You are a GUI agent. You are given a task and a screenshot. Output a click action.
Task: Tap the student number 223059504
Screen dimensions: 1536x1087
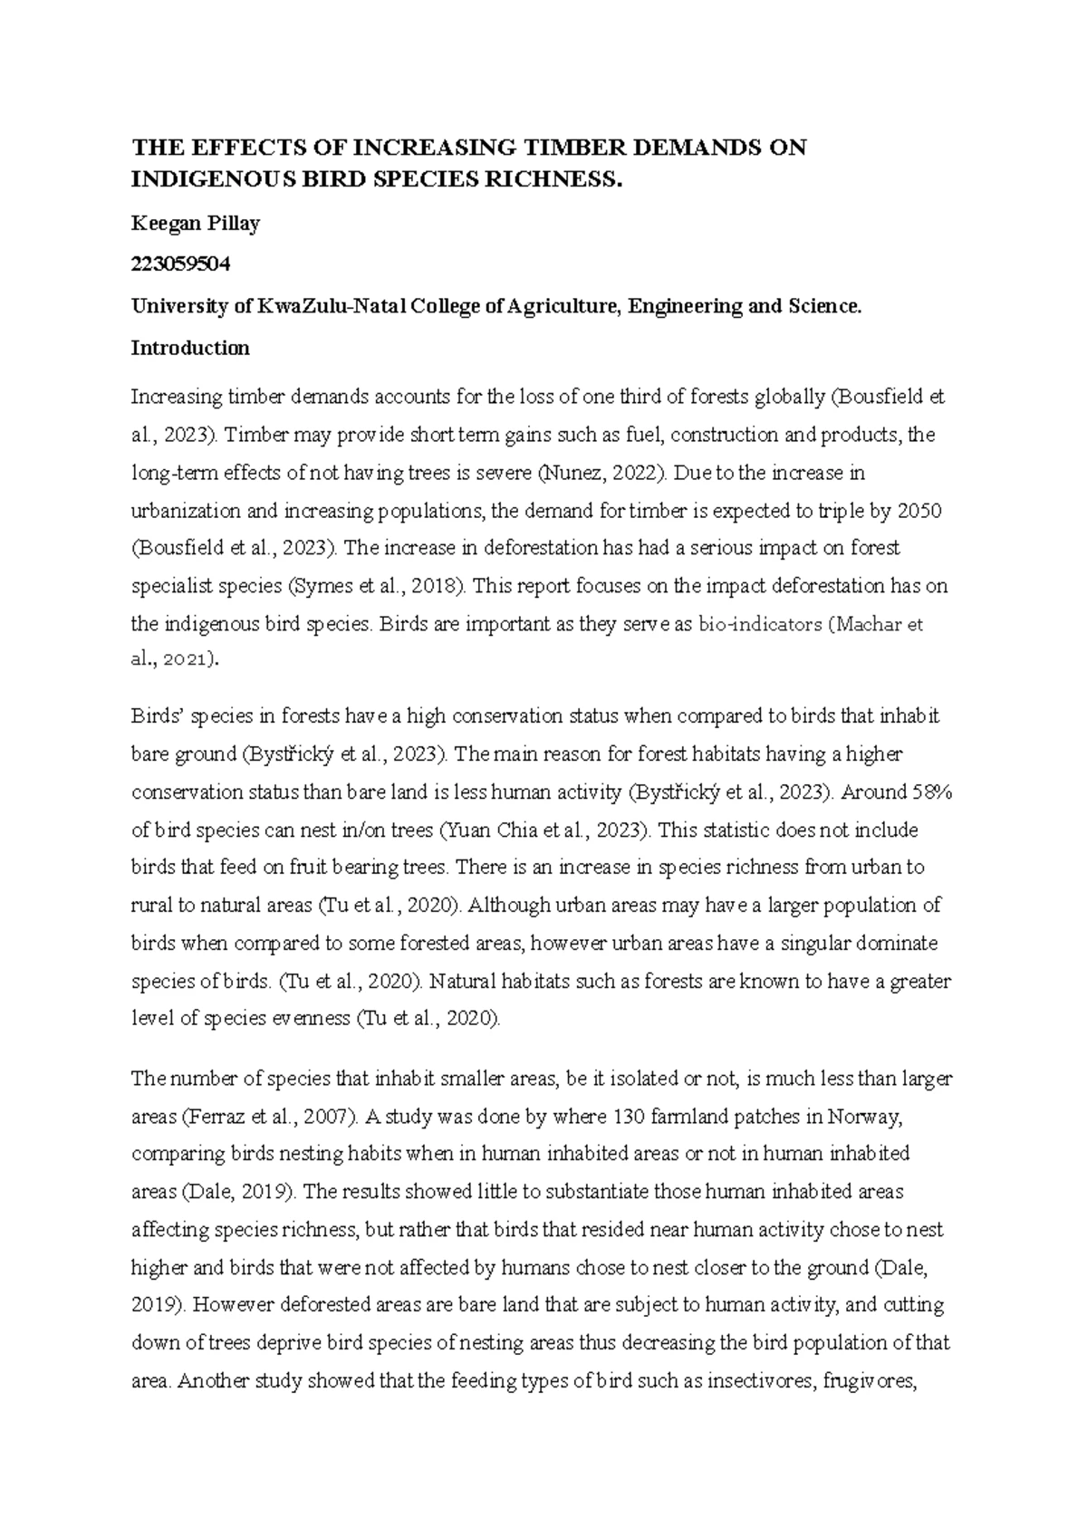181,264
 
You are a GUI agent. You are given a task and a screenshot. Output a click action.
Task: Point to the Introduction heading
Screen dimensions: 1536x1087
190,348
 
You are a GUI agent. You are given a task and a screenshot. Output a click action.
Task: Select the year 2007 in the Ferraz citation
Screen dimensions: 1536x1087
323,1117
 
